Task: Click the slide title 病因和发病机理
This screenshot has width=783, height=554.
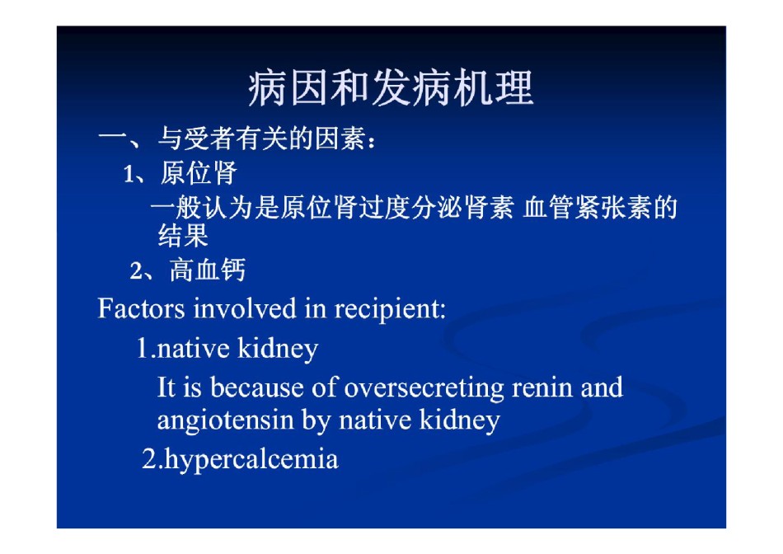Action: point(391,88)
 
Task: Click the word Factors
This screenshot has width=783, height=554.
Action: point(141,308)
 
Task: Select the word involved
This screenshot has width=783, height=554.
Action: point(245,308)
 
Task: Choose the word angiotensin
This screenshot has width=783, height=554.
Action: point(226,420)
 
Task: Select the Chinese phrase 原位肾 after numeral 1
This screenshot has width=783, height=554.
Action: point(199,173)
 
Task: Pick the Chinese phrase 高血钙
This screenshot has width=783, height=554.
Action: point(208,270)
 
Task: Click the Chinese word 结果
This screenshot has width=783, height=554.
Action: point(183,235)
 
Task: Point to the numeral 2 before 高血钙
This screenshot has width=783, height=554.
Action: point(136,271)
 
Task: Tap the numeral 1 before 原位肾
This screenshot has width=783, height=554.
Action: point(129,174)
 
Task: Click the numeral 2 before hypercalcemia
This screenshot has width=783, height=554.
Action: point(149,458)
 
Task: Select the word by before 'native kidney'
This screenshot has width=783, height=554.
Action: point(316,420)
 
